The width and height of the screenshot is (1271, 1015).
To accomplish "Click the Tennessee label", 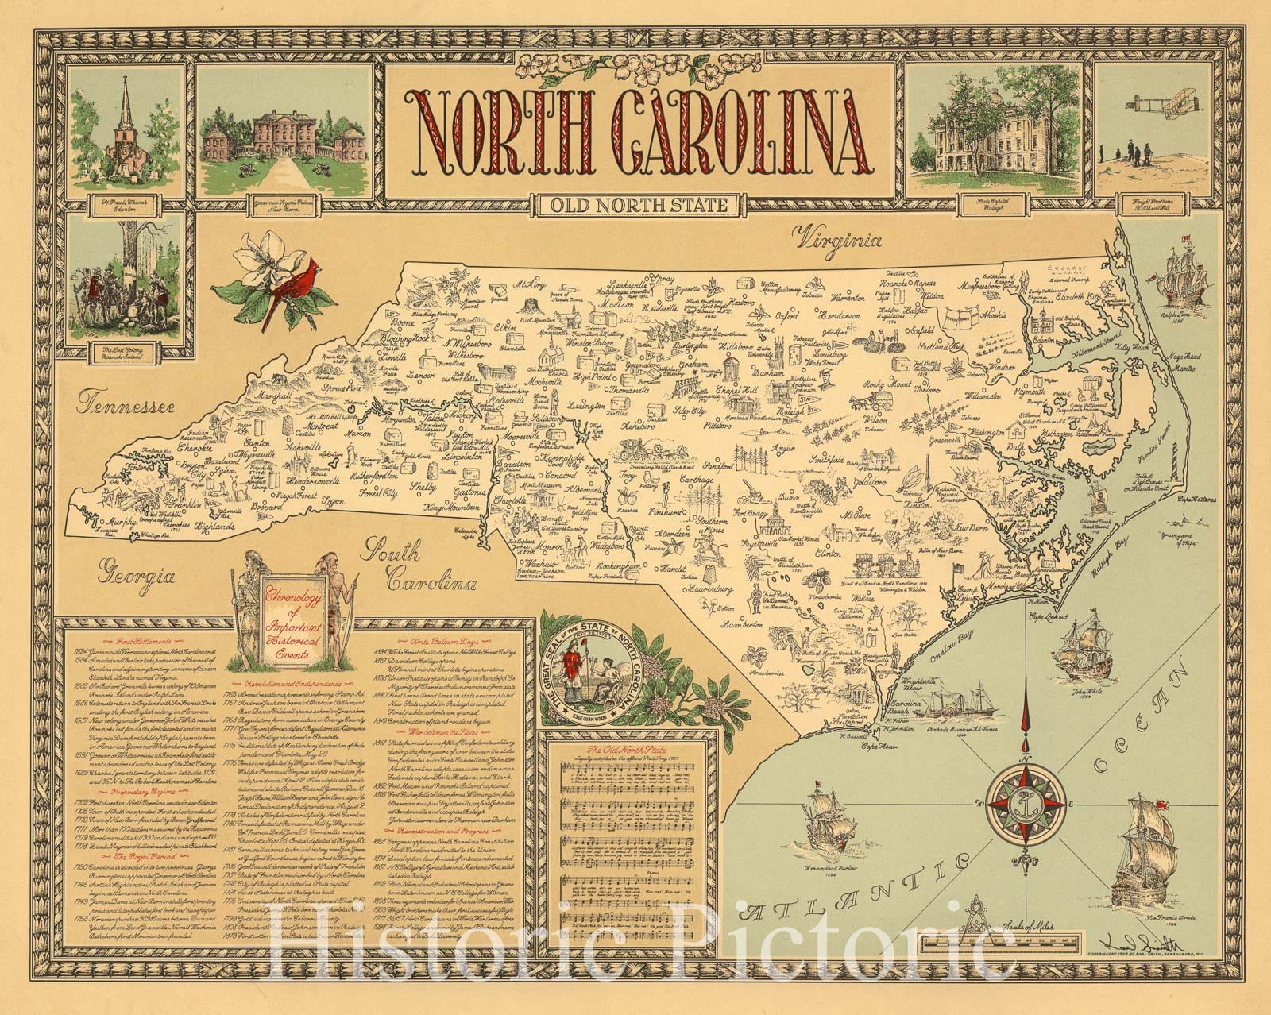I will point(125,407).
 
